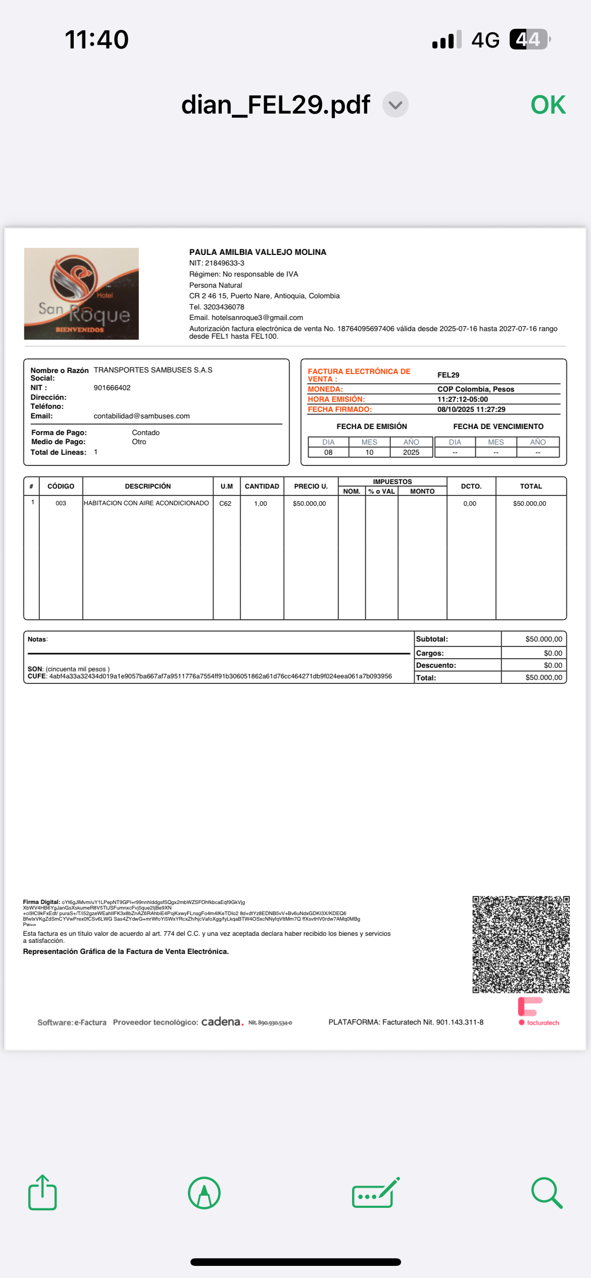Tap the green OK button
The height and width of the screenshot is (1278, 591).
point(548,105)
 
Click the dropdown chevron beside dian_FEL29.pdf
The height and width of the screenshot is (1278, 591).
point(395,105)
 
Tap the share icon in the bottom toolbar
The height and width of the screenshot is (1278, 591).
point(42,1193)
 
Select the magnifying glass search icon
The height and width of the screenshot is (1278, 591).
point(547,1193)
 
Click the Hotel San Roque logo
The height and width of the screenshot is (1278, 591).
point(81,293)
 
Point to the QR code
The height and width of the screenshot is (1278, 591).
point(521,944)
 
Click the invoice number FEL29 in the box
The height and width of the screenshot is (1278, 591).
point(448,375)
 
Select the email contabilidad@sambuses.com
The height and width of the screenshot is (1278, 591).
point(141,416)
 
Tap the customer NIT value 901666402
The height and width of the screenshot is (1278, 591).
point(112,388)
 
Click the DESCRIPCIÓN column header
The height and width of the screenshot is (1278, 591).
point(147,486)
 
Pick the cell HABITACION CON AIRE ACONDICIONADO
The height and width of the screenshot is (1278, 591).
point(146,503)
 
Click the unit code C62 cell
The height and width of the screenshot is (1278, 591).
point(225,503)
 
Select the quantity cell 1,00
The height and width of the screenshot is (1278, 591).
point(261,503)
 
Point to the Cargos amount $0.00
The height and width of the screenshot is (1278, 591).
point(553,653)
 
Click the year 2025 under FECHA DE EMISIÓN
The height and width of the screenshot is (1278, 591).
point(411,452)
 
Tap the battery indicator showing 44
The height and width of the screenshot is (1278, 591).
point(529,39)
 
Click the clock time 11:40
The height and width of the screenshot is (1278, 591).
point(96,39)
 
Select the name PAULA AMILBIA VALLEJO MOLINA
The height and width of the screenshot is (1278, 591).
point(258,252)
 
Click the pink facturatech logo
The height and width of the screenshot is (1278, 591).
point(538,1011)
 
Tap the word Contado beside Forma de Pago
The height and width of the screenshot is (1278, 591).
point(145,433)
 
